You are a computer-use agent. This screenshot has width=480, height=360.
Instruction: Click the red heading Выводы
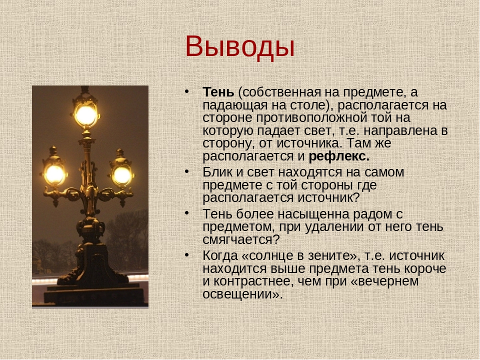tap(239, 47)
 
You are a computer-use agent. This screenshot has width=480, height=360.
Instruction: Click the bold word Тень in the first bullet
tap(218, 92)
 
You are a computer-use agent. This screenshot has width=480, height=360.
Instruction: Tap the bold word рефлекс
tap(339, 156)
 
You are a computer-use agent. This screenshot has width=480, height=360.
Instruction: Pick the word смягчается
tap(237, 239)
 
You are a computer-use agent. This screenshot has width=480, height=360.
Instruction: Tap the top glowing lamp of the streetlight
tap(86, 115)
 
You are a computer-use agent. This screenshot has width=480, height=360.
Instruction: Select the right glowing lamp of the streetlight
tap(122, 175)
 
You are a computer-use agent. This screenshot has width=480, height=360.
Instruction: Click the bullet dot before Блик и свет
tap(186, 171)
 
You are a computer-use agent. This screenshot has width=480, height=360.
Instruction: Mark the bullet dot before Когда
tap(186, 255)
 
